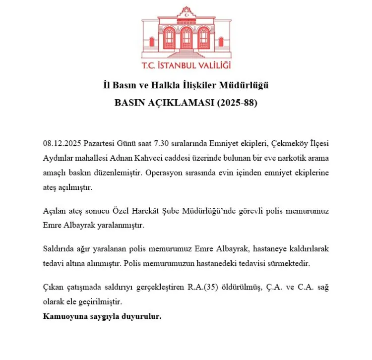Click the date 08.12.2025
(61, 143)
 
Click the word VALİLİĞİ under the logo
(214, 65)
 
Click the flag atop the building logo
(186, 12)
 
